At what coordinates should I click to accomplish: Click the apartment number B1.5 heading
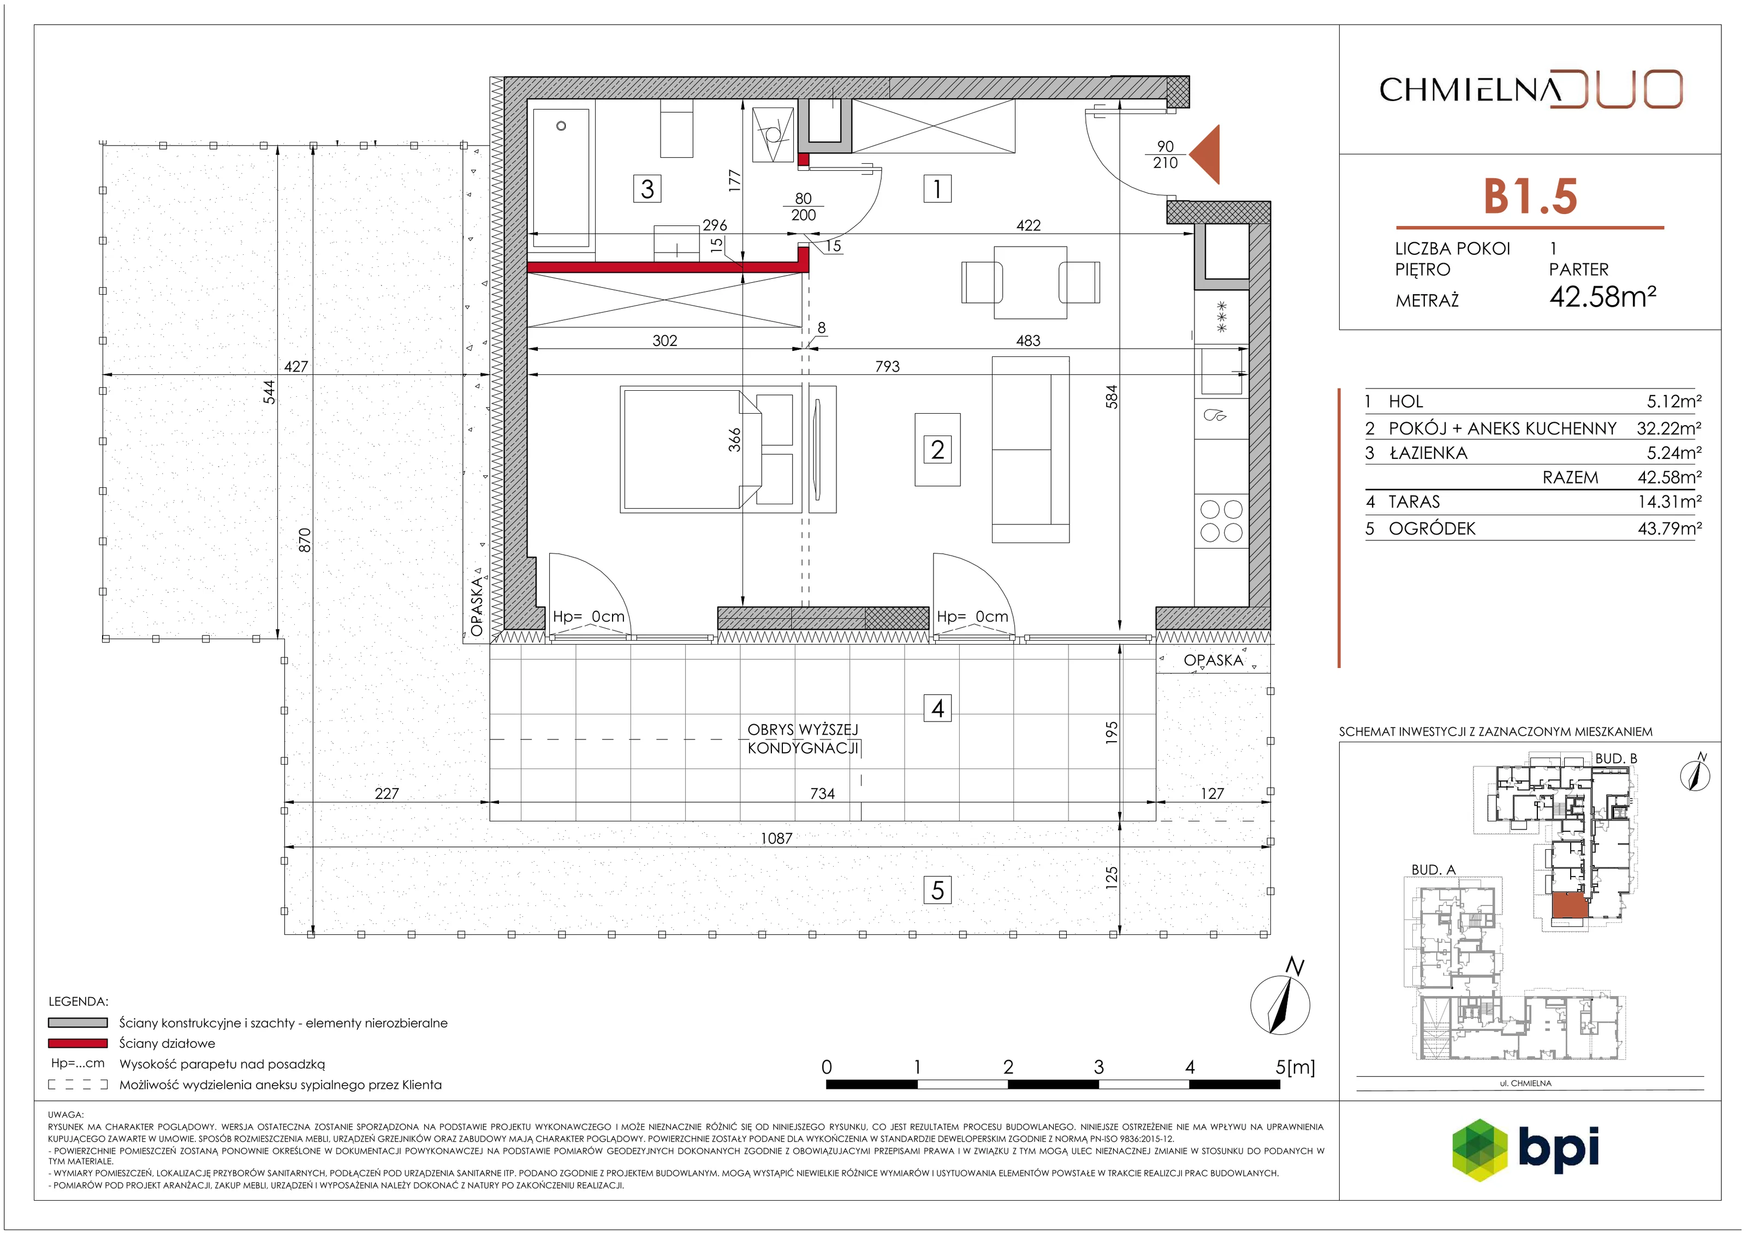click(1530, 196)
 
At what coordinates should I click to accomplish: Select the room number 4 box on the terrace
click(937, 708)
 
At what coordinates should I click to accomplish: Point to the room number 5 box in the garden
click(937, 890)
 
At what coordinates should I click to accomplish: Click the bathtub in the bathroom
click(562, 179)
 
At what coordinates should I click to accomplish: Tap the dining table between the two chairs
click(1030, 282)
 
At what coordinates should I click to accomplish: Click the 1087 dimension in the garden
click(776, 838)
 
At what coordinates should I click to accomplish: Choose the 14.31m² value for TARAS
click(1669, 502)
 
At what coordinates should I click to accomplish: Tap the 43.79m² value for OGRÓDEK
click(1669, 528)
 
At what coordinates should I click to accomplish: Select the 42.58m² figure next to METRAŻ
click(1602, 296)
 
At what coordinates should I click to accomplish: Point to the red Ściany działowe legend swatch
click(78, 1043)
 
